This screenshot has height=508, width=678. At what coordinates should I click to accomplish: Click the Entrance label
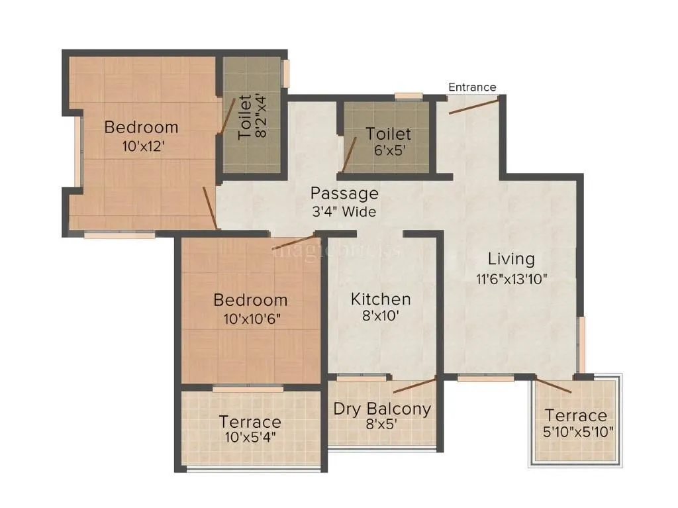[472, 87]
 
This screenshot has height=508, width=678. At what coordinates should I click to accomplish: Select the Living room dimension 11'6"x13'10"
[511, 279]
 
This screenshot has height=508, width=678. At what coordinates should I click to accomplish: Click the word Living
[511, 258]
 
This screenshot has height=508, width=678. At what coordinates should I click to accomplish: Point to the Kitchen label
[381, 299]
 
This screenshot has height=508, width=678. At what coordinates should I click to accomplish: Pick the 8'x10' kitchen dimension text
[381, 316]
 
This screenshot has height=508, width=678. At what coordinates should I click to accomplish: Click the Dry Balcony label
[382, 409]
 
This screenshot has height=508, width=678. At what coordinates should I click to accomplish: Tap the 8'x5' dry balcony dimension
[382, 425]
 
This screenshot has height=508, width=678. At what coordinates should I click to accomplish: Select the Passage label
[345, 193]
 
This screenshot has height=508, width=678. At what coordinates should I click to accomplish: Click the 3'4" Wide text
[344, 212]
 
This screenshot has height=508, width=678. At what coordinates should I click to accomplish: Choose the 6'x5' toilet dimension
[389, 150]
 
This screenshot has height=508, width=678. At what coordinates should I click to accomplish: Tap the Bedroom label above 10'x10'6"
[250, 300]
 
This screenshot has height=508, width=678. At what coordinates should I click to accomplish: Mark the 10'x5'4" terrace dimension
[250, 438]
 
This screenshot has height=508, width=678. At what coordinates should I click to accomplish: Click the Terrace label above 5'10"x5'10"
[575, 416]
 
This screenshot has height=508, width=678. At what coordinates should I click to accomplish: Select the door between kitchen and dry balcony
[414, 385]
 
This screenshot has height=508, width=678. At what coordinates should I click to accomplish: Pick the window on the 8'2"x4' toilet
[287, 73]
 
